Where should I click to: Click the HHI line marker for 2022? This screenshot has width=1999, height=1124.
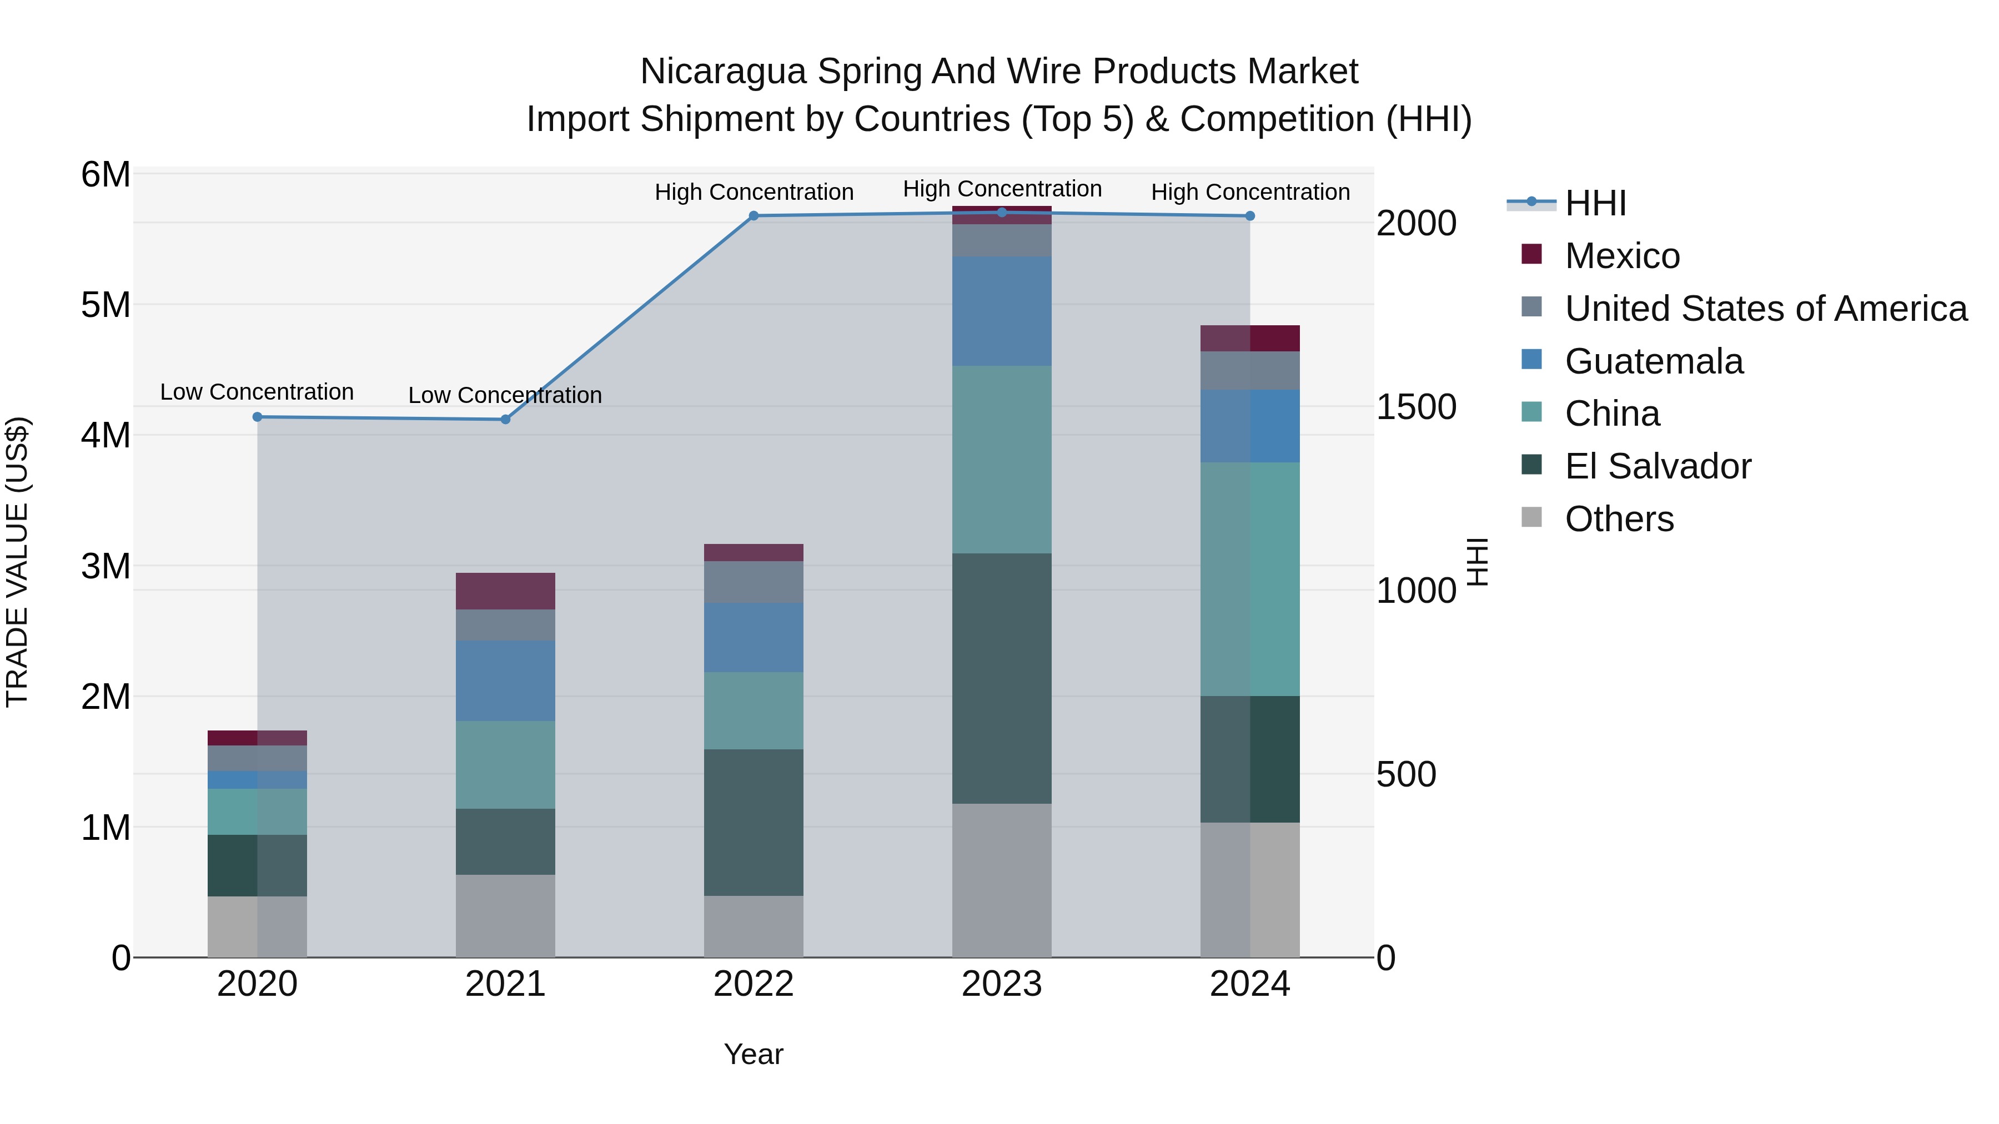754,216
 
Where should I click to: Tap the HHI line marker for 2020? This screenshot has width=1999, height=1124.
258,416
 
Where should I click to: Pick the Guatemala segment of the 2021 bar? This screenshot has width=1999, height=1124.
505,681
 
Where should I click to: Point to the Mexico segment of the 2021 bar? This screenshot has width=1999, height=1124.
505,591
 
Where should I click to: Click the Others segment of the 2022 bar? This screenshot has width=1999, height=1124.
754,926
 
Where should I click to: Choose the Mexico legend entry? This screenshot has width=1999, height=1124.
1622,256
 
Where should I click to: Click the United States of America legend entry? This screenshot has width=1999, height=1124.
1765,309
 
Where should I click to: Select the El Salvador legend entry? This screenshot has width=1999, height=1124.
1658,466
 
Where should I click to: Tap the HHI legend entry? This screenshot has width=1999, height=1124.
1595,203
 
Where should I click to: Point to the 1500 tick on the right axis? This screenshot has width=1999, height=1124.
1416,407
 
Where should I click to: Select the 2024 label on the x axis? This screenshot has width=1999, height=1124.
1249,984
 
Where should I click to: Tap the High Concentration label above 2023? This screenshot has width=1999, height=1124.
1002,189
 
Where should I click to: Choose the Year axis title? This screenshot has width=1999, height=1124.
754,1054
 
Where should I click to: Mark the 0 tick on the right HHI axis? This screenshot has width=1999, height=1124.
1386,958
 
